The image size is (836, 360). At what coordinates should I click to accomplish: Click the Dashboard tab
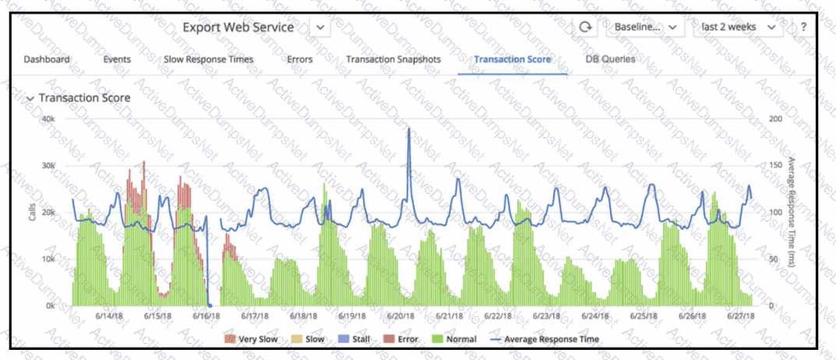(x=47, y=59)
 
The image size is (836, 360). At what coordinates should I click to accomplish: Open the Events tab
(x=117, y=59)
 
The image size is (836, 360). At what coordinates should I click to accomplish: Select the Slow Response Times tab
(x=209, y=59)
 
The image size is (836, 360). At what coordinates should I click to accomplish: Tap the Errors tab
(x=300, y=59)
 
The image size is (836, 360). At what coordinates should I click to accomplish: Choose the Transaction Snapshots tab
(x=393, y=59)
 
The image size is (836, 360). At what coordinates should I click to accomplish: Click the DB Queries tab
(x=611, y=59)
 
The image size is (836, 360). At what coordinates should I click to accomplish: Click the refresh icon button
(x=585, y=26)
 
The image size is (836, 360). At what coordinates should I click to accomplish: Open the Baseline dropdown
(x=646, y=26)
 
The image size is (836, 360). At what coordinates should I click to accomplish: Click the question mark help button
(x=803, y=26)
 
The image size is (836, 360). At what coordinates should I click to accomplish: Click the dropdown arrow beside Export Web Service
(x=320, y=26)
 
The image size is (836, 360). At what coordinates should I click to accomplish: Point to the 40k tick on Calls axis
(x=48, y=118)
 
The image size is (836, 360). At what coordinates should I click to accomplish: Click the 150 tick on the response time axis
(x=778, y=165)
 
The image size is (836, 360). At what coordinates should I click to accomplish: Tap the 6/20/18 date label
(x=401, y=316)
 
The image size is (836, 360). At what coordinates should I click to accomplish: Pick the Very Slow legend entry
(x=251, y=339)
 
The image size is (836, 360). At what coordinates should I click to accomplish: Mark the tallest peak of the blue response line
(x=409, y=129)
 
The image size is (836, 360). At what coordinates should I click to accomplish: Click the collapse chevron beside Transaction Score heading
(x=30, y=99)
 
